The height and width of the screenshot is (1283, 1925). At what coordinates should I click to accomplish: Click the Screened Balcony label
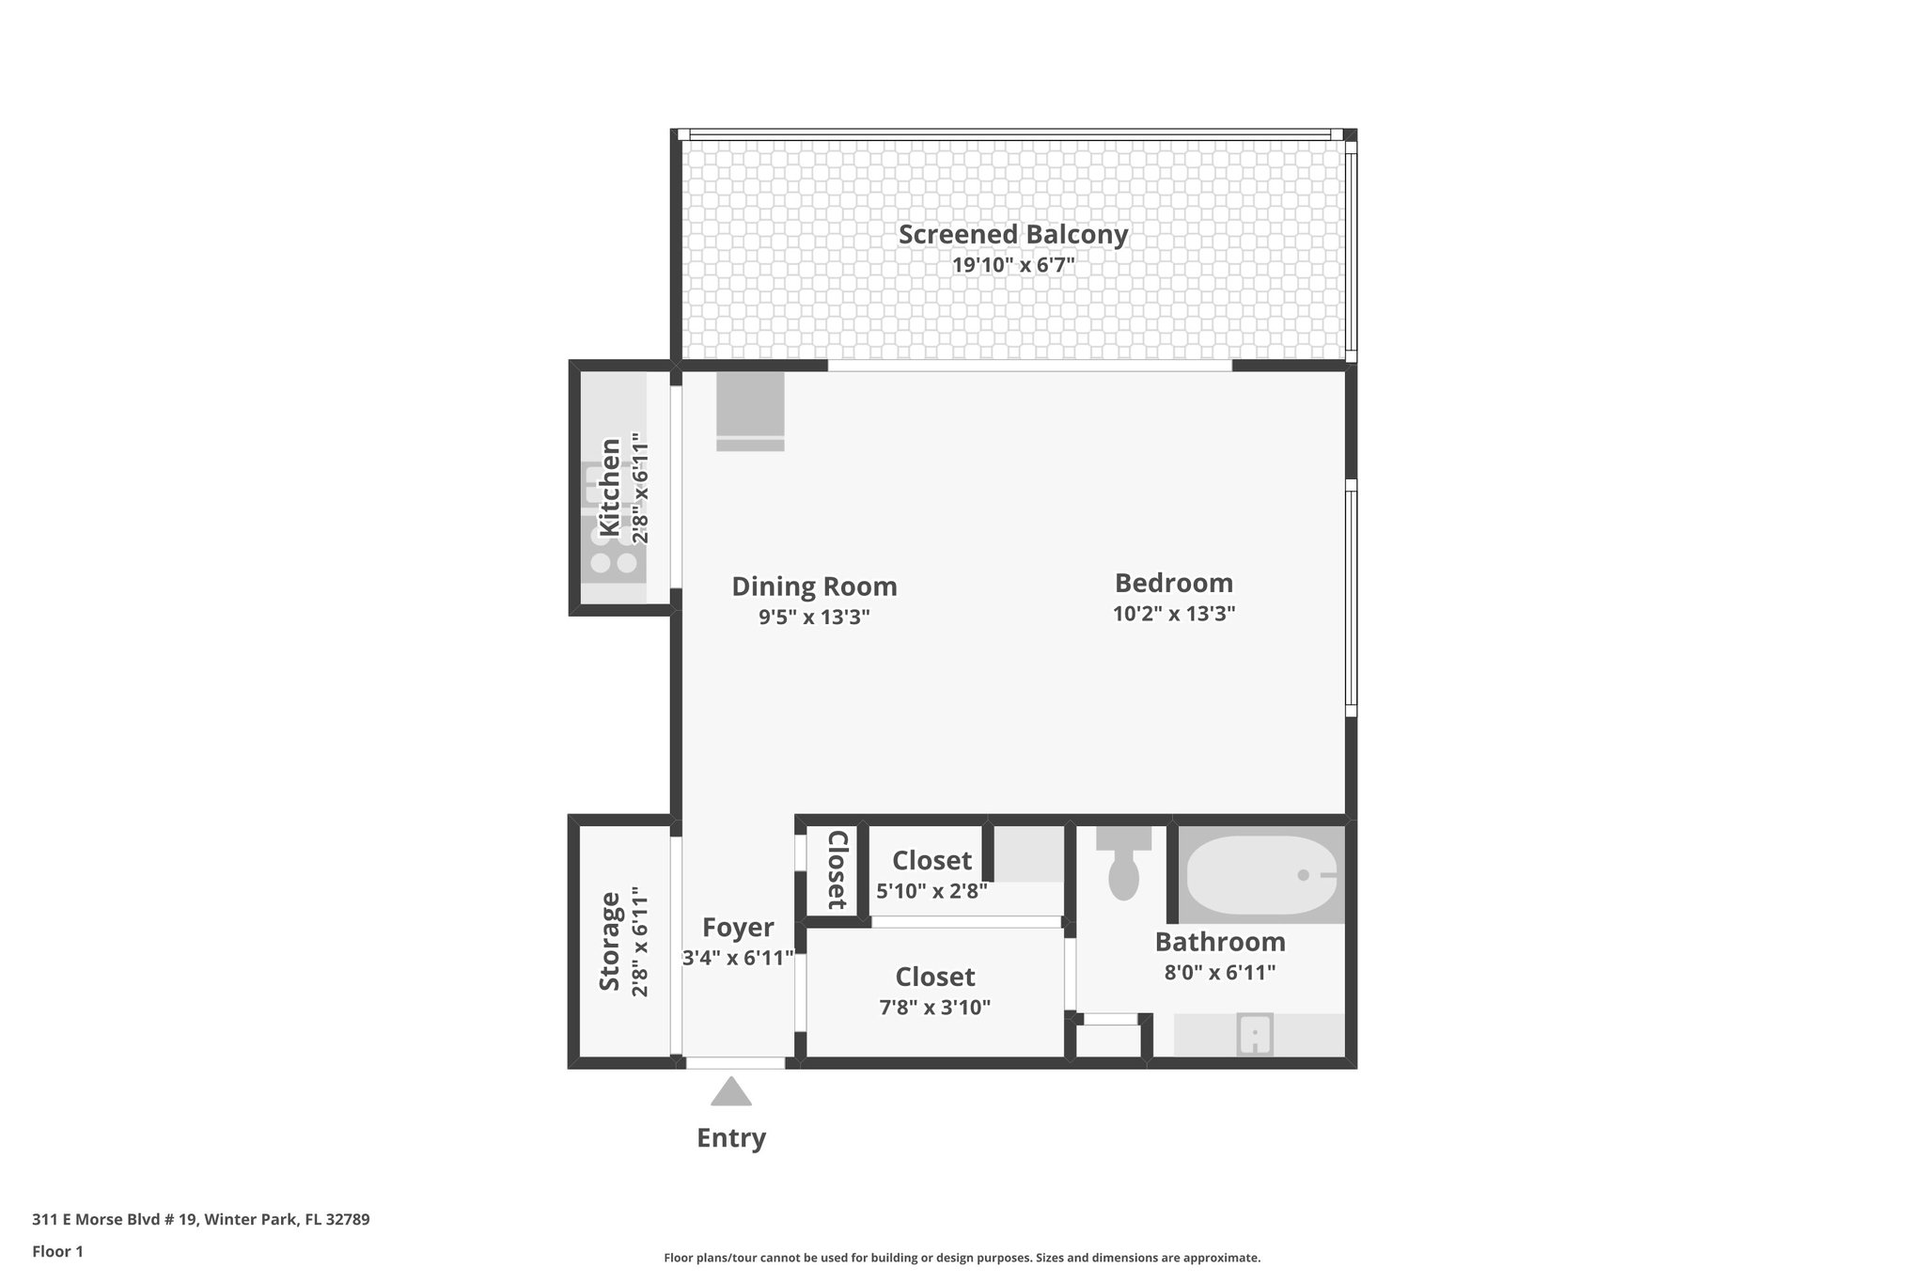(1012, 234)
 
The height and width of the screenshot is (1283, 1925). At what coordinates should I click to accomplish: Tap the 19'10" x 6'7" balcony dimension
(1012, 265)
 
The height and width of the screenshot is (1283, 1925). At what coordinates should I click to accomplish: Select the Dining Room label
(814, 587)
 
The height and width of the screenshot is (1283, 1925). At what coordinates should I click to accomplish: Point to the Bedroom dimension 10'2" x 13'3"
(1173, 614)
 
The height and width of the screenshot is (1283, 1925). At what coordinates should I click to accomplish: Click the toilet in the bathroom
(1124, 870)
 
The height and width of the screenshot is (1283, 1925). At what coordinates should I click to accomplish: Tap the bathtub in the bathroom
(1260, 875)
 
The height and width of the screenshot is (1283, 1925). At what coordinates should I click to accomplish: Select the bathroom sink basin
(1255, 1035)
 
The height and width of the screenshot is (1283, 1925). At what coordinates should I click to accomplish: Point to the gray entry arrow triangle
(731, 1093)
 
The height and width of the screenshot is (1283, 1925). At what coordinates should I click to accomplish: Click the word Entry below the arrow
(731, 1138)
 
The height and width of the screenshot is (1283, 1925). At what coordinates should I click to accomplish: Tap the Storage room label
(610, 941)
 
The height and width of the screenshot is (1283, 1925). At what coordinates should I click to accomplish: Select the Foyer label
(738, 928)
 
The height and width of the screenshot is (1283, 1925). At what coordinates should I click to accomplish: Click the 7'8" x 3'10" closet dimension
(934, 1008)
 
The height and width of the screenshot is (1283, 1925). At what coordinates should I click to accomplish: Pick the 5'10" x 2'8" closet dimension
(931, 890)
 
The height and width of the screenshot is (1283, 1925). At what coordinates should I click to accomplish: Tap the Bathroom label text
(1219, 942)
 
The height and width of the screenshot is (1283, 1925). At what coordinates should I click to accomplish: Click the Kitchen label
(610, 487)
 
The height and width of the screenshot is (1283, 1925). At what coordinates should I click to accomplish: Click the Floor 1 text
(58, 1251)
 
